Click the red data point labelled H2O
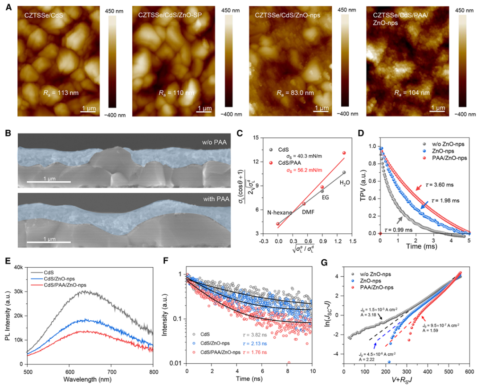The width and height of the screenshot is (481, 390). click(344, 153)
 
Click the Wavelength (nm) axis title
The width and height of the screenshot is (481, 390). click(89, 382)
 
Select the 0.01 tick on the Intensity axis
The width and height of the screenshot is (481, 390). click(176, 363)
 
